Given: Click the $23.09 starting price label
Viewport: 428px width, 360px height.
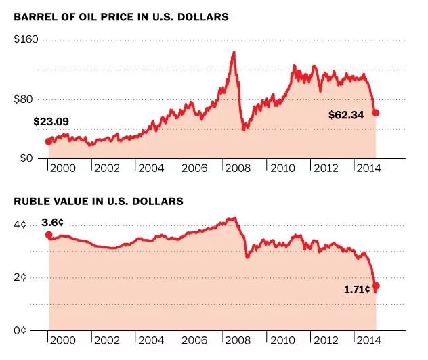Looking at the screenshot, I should (x=51, y=122).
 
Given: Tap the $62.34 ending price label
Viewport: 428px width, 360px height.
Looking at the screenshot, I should (x=346, y=114).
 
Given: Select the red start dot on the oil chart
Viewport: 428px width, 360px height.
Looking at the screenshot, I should (x=48, y=141).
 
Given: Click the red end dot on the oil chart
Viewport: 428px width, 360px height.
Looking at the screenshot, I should (x=376, y=113).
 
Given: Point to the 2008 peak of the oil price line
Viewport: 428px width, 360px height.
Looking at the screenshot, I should (x=234, y=52).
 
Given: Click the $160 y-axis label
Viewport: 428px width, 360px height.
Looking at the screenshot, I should (x=26, y=40).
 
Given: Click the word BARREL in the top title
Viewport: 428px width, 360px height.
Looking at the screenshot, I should (x=34, y=17).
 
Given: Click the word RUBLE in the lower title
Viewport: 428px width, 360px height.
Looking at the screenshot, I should (x=30, y=201).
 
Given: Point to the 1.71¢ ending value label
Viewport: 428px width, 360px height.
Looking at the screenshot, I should (x=357, y=289).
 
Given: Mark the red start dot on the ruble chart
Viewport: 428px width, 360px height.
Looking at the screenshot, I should (x=48, y=235).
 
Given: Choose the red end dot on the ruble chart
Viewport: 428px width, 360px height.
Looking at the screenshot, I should (x=377, y=286).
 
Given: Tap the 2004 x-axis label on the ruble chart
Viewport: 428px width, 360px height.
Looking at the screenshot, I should (x=150, y=340).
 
